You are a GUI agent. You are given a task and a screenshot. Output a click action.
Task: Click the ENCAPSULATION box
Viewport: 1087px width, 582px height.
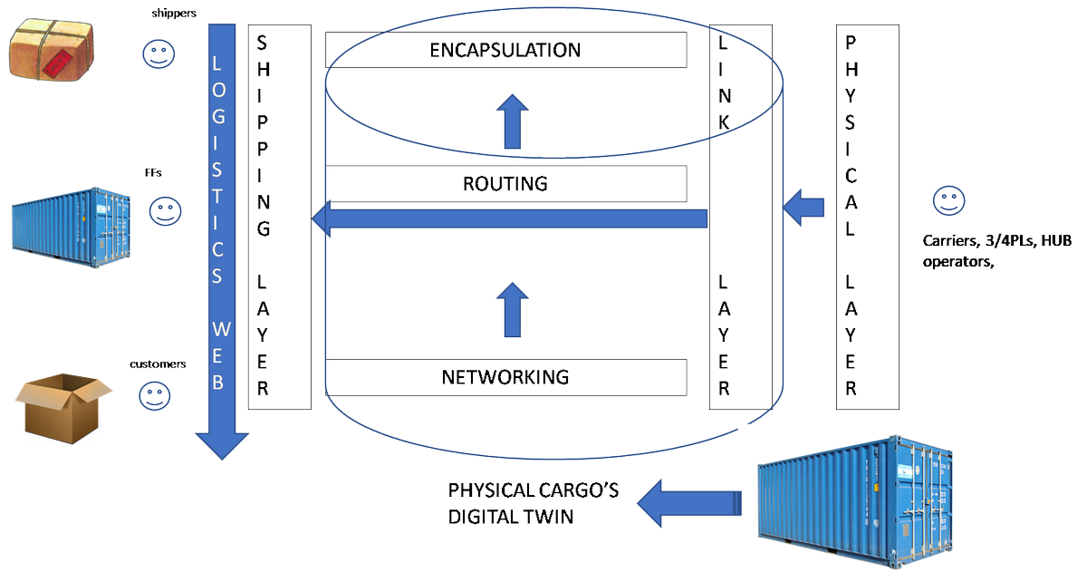(505, 50)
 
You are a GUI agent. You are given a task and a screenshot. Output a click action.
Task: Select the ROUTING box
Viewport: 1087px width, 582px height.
(505, 184)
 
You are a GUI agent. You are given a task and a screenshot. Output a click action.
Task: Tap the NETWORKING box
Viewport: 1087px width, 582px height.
(505, 377)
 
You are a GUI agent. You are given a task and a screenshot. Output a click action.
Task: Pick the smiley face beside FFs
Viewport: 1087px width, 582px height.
(165, 213)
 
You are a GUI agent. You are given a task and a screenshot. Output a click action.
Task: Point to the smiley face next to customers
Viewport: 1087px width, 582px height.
(154, 393)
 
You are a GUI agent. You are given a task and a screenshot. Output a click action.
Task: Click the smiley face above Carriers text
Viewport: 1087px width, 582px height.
(948, 200)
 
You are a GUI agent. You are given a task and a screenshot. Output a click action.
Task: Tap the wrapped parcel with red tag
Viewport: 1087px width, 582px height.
(52, 51)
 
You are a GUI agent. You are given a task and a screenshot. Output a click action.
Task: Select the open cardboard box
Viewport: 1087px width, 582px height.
(63, 409)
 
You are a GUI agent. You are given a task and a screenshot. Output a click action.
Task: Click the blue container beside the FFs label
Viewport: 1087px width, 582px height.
(60, 226)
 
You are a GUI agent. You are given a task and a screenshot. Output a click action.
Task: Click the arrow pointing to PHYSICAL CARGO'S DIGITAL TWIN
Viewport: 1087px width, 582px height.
(688, 504)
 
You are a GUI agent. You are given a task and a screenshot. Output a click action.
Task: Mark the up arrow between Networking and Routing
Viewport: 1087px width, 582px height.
(515, 309)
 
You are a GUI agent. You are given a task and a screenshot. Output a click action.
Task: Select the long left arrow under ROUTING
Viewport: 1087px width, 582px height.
(507, 218)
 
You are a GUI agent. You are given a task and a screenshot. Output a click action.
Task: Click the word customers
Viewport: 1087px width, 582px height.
(158, 364)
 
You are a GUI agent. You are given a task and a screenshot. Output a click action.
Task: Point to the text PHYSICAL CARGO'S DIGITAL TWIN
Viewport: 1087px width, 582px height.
(534, 503)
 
